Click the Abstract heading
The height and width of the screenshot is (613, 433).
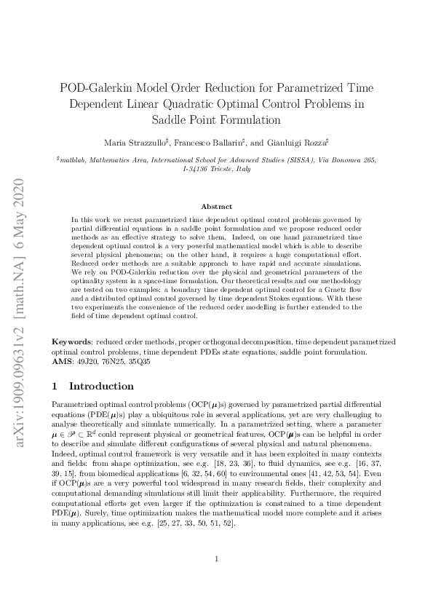pyautogui.click(x=216, y=207)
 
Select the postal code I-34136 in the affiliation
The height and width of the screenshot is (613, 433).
pyautogui.click(x=196, y=168)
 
